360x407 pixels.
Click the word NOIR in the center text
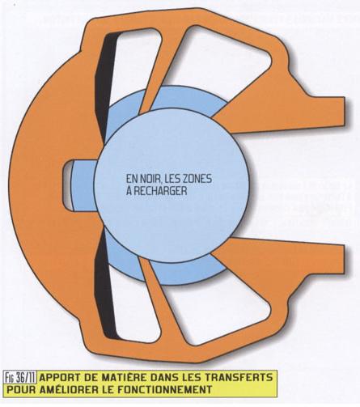point(150,179)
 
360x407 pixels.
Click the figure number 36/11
point(26,378)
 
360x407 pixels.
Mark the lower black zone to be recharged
point(106,286)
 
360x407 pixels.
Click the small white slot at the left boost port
point(68,184)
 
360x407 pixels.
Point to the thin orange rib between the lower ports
point(164,302)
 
